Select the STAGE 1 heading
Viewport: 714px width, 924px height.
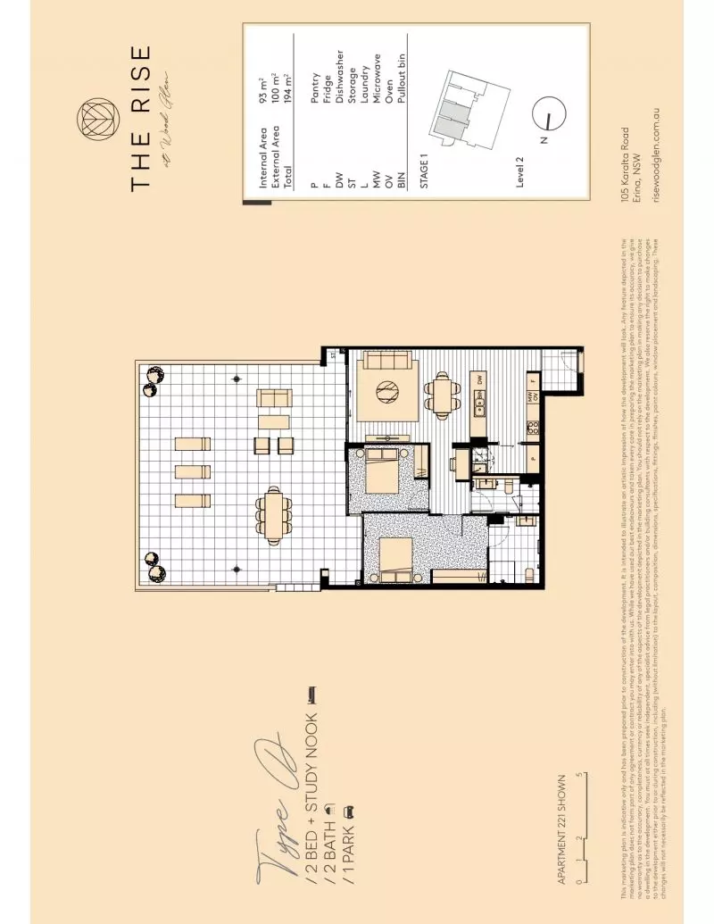point(425,170)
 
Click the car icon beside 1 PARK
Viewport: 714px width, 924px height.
point(351,811)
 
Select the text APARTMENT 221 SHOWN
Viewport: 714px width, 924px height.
point(561,826)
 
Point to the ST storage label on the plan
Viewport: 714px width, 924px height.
point(332,355)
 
